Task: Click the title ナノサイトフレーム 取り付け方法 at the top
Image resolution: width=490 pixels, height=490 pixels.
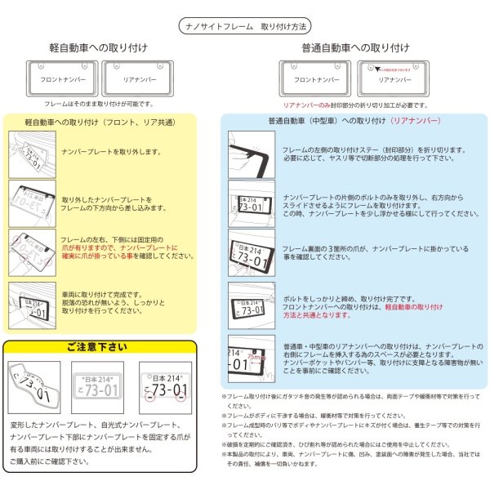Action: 244,27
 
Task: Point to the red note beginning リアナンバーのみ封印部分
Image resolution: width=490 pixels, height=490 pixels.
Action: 355,105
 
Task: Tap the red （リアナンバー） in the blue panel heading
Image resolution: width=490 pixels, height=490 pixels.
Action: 416,122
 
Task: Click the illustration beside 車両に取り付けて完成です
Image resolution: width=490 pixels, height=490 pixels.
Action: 31,301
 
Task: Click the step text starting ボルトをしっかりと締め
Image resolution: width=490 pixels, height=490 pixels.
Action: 359,300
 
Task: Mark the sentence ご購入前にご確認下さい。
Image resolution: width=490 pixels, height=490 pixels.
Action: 49,461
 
